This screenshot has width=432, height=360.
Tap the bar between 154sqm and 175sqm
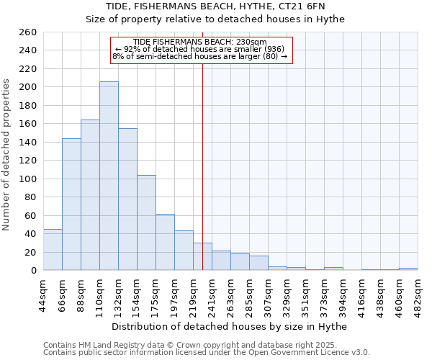point(146,222)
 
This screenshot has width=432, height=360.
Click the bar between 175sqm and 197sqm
point(165,242)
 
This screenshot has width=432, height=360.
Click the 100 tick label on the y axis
point(28,179)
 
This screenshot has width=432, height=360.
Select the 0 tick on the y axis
point(33,271)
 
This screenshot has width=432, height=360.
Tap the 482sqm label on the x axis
point(418,293)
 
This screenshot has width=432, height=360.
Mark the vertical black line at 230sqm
point(202,166)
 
